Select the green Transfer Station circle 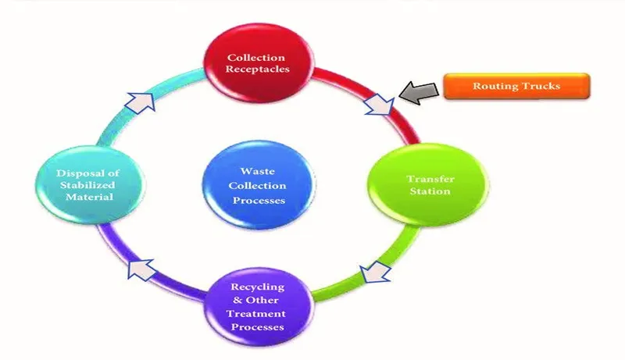tap(429, 185)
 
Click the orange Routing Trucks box tap(516, 86)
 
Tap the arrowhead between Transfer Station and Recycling tap(374, 273)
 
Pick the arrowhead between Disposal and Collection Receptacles tap(141, 100)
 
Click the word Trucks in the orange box tap(542, 86)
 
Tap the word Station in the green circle tap(430, 191)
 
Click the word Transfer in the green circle tap(430, 180)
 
